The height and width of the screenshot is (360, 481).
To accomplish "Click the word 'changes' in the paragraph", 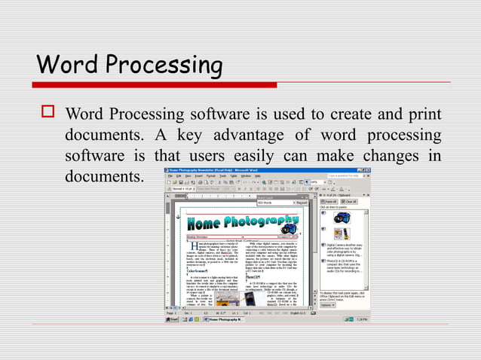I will pyautogui.click(x=390, y=157).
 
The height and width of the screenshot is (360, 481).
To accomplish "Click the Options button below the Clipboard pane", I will pyautogui.click(x=328, y=304).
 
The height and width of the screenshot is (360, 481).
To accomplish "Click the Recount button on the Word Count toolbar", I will pyautogui.click(x=301, y=203).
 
